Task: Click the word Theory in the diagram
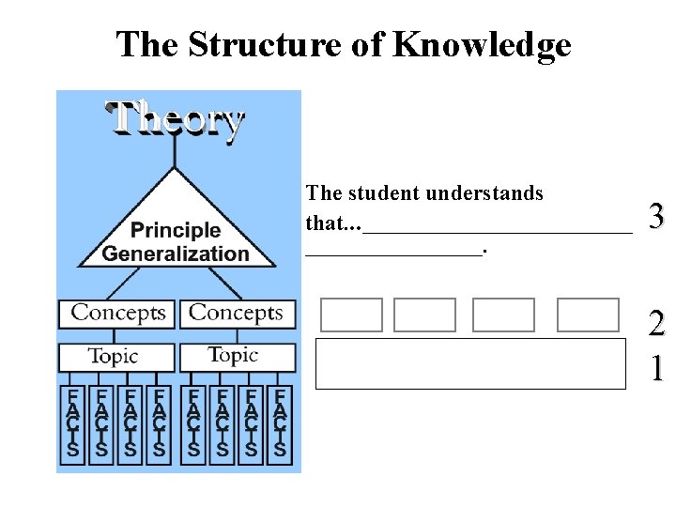pyautogui.click(x=175, y=119)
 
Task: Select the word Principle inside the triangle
pyautogui.click(x=176, y=230)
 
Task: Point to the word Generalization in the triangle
pyautogui.click(x=176, y=253)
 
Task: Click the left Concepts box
pyautogui.click(x=117, y=313)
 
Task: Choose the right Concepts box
pyautogui.click(x=237, y=313)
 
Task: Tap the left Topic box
pyautogui.click(x=114, y=357)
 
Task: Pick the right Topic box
pyautogui.click(x=234, y=356)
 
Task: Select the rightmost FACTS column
pyautogui.click(x=279, y=422)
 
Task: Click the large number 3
pyautogui.click(x=656, y=217)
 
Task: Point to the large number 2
pyautogui.click(x=656, y=326)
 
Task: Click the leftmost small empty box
pyautogui.click(x=351, y=315)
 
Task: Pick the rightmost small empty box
pyautogui.click(x=588, y=315)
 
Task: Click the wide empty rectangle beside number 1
pyautogui.click(x=470, y=364)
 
